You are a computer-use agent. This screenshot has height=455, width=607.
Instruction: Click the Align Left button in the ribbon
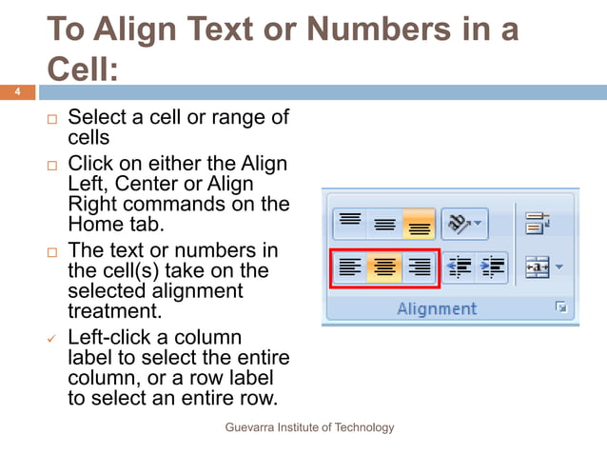[x=350, y=267]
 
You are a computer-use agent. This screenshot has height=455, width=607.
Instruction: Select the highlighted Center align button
[x=384, y=267]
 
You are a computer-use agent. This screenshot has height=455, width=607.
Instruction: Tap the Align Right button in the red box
[x=419, y=267]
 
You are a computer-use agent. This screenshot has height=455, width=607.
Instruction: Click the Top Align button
[x=350, y=223]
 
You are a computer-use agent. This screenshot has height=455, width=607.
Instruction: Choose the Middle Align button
[x=384, y=223]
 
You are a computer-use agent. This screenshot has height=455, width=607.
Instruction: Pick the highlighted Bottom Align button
[x=419, y=223]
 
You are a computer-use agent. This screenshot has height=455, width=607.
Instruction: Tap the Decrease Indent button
[x=460, y=267]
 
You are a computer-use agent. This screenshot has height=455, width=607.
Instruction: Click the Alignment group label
[x=437, y=308]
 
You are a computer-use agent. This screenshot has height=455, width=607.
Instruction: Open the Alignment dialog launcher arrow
[x=561, y=307]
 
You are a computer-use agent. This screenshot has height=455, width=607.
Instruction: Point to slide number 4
[x=16, y=92]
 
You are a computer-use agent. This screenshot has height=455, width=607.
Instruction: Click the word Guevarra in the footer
[x=250, y=427]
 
